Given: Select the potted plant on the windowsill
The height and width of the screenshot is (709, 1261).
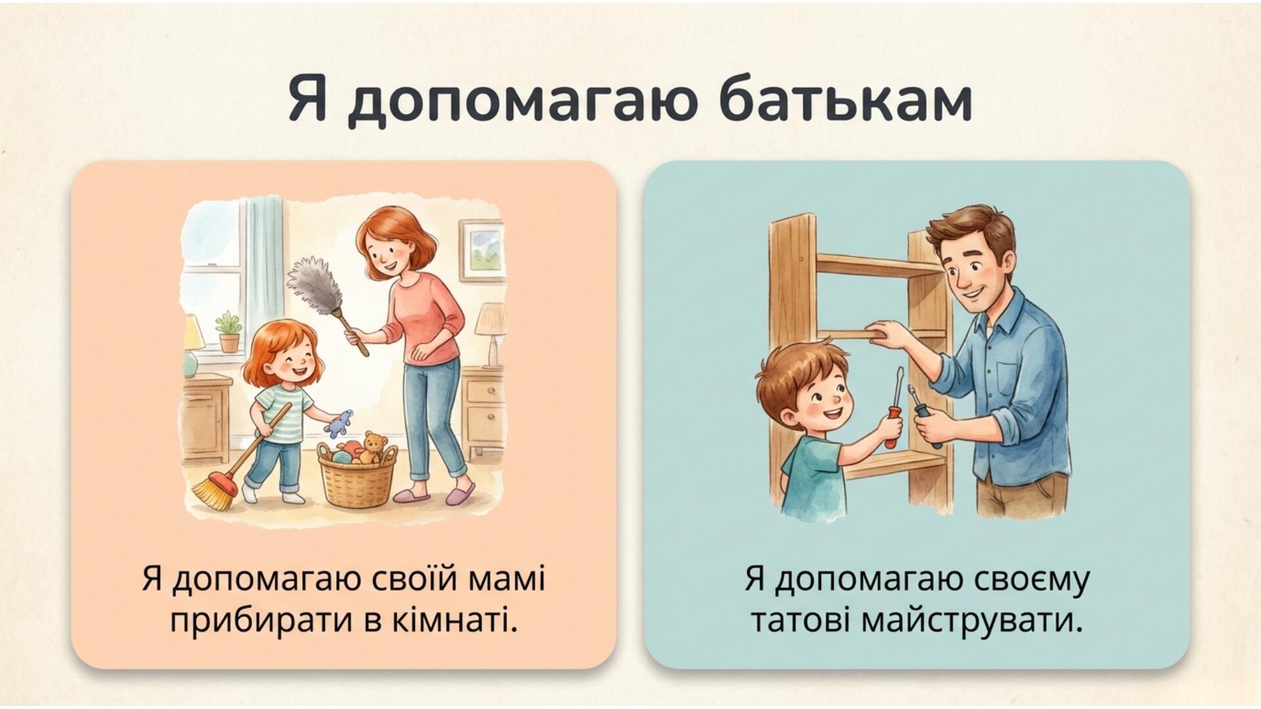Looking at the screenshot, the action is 228,332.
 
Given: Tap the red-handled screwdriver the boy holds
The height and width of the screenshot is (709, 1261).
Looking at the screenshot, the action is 895,408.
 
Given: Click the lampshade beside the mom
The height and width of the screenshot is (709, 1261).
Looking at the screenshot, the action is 491,320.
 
